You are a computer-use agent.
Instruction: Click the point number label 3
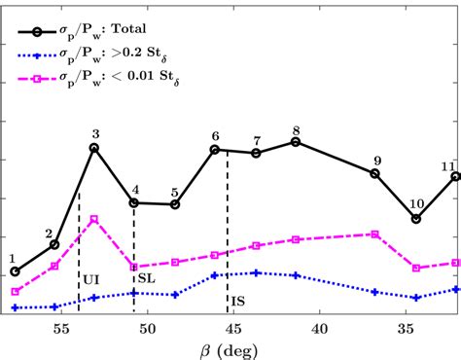coord(95,134)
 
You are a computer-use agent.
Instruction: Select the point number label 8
coord(296,129)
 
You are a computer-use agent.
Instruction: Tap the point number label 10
coord(416,204)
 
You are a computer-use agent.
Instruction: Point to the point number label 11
coord(448,165)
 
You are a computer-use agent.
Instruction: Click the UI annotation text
coord(91,278)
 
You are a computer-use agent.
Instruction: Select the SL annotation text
coord(144,278)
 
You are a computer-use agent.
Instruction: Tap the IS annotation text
coord(237,300)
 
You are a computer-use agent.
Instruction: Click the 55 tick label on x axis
coord(60,329)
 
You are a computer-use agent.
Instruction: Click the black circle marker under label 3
coord(94,148)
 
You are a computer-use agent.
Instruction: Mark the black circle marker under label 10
coord(416,219)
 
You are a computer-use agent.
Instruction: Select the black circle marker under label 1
coord(15,271)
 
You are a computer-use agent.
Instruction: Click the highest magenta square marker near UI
coord(94,219)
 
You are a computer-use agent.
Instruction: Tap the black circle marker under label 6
coord(215,150)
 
